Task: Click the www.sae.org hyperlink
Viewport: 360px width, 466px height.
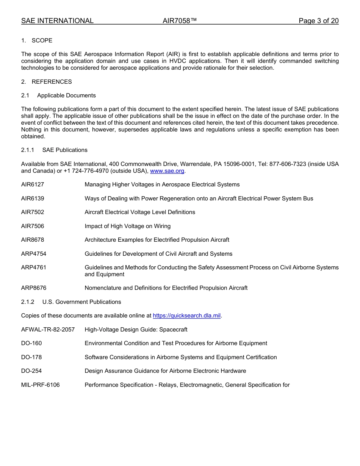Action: pos(167,171)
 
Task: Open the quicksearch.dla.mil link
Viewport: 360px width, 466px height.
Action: pos(186,316)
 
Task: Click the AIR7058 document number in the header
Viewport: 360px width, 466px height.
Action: pos(180,21)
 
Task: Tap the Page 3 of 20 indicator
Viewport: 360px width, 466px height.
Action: pos(318,21)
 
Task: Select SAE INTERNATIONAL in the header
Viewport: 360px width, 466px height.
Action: pos(57,21)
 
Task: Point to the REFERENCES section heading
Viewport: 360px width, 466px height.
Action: pos(52,82)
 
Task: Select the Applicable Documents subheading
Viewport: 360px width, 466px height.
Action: pos(66,95)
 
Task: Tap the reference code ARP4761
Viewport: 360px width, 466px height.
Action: pos(34,267)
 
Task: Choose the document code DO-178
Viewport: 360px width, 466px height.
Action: pos(31,357)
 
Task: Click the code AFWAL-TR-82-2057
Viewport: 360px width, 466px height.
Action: pos(48,330)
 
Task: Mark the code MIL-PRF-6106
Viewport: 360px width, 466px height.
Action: pos(40,385)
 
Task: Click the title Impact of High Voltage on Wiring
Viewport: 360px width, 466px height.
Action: pos(127,226)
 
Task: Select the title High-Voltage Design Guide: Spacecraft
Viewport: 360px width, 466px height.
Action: pos(136,330)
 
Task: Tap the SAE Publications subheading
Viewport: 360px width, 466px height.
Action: pos(65,150)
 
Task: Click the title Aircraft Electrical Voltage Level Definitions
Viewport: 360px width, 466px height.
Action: pos(140,212)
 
